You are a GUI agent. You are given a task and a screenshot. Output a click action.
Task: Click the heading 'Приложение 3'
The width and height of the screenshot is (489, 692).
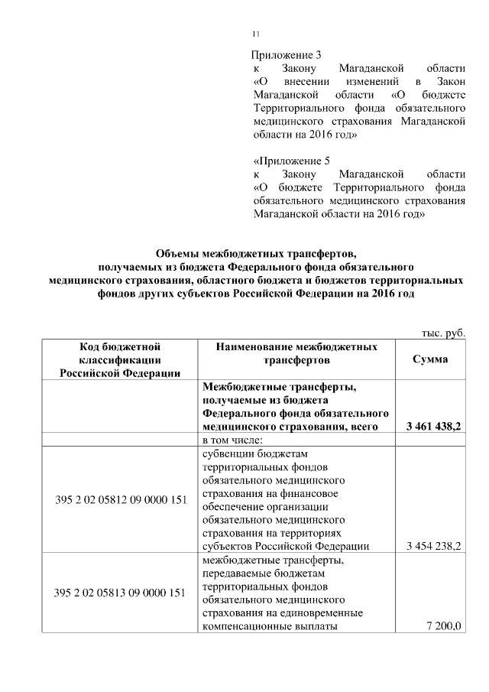pyautogui.click(x=281, y=55)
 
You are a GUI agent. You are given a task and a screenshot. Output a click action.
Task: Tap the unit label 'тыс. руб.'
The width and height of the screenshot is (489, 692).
pyautogui.click(x=443, y=333)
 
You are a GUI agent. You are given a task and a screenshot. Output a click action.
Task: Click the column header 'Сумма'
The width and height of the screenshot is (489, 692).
pyautogui.click(x=430, y=359)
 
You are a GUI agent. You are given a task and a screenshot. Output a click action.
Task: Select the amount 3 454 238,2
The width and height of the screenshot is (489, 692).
pyautogui.click(x=431, y=546)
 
